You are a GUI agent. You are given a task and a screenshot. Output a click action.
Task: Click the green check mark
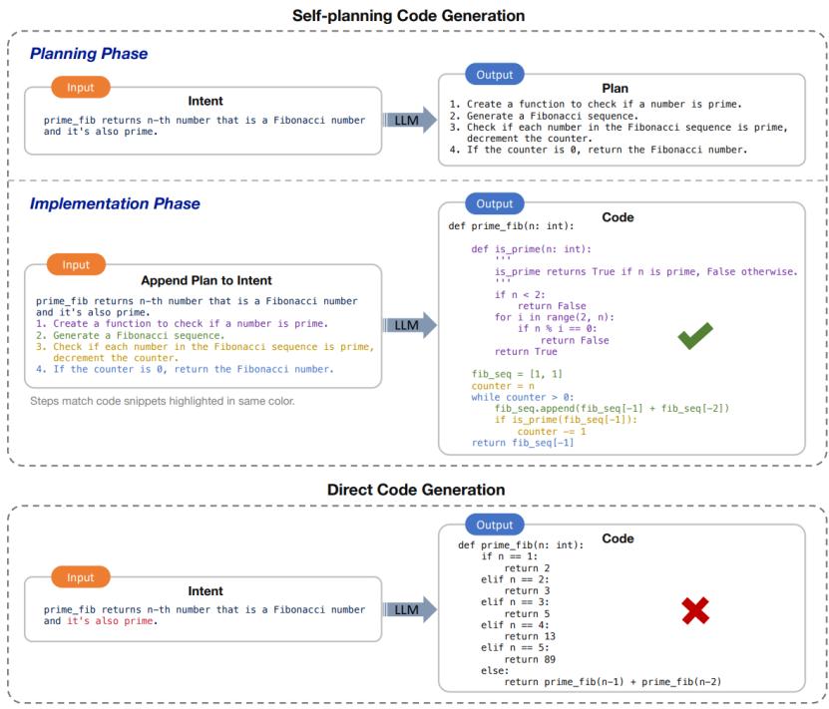(x=694, y=336)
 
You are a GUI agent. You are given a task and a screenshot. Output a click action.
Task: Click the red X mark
(x=695, y=610)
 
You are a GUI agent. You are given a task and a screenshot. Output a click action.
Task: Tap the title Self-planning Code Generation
(x=408, y=15)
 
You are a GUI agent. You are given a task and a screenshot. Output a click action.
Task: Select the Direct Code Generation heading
(x=416, y=490)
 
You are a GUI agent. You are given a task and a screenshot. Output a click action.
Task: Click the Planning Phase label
(x=89, y=54)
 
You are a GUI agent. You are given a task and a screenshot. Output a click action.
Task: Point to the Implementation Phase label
(x=115, y=203)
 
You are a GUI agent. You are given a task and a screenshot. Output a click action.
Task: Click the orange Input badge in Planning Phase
(x=81, y=87)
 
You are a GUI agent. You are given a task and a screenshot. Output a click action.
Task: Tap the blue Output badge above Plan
(x=495, y=75)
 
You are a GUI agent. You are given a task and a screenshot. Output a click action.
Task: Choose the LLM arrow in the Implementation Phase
(x=410, y=325)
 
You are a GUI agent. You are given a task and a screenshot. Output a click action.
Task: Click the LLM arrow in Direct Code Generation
(x=410, y=609)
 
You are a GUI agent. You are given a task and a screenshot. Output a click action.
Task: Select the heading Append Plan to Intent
(x=207, y=280)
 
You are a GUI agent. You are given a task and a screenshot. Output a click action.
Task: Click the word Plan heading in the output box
(x=615, y=88)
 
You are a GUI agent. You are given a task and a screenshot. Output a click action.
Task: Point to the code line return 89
(x=530, y=659)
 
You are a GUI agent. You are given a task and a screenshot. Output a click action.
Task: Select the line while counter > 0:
(x=523, y=397)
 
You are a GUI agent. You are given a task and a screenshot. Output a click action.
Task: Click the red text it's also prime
(x=112, y=621)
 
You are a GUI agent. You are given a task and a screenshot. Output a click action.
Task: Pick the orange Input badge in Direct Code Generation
(x=81, y=577)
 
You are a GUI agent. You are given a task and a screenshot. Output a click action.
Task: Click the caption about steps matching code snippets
(x=163, y=401)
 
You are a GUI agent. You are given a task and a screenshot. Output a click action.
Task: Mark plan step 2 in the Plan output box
(x=544, y=116)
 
